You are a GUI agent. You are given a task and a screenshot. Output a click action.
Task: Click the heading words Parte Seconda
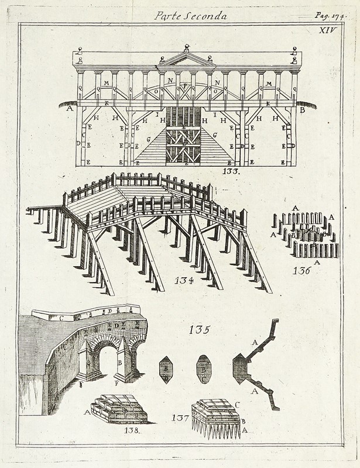pyautogui.click(x=190, y=16)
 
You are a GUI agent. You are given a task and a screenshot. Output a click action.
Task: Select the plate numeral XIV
pyautogui.click(x=328, y=30)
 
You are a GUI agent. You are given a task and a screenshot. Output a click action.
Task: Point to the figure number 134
pyautogui.click(x=184, y=280)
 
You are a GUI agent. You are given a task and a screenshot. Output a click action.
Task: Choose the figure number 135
pyautogui.click(x=198, y=330)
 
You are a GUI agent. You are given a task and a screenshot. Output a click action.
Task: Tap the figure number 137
pyautogui.click(x=181, y=418)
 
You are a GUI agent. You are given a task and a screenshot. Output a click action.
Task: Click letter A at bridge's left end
pyautogui.click(x=70, y=109)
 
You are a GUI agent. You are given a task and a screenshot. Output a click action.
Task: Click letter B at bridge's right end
pyautogui.click(x=303, y=109)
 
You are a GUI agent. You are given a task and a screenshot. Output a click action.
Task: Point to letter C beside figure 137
pyautogui.click(x=237, y=403)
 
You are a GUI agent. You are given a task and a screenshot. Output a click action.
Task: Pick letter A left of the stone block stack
pyautogui.click(x=88, y=412)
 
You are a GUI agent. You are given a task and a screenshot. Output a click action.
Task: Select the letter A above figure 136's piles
pyautogui.click(x=295, y=208)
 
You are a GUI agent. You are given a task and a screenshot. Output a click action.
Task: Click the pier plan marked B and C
pyautogui.click(x=204, y=369)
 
